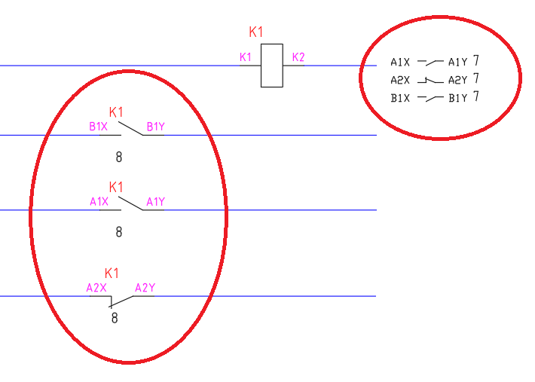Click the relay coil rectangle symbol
click(x=272, y=66)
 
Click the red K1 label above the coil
click(x=257, y=32)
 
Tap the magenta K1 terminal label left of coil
click(x=246, y=57)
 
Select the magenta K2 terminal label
click(x=298, y=57)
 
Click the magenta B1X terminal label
click(x=99, y=127)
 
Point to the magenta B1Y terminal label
click(x=156, y=127)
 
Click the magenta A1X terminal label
click(x=99, y=201)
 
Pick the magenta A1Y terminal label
click(x=156, y=201)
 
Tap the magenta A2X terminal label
click(x=96, y=288)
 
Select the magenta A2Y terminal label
click(x=145, y=288)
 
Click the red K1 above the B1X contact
click(x=117, y=112)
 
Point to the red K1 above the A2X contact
click(x=112, y=273)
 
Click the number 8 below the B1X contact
click(x=118, y=157)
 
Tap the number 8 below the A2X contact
click(x=115, y=318)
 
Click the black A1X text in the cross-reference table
click(x=400, y=63)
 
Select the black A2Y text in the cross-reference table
click(x=458, y=80)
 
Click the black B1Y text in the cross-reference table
click(x=458, y=98)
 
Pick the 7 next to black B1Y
click(x=476, y=97)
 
